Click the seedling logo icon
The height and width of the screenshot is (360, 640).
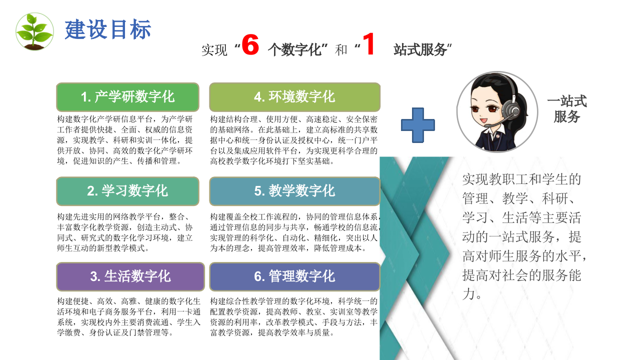pos(34,31)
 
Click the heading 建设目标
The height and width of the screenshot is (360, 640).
pos(108,30)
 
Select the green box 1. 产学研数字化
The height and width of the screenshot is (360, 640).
pos(127,97)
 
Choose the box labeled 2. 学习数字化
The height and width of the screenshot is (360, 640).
pos(127,191)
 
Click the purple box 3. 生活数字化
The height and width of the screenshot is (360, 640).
pos(130,276)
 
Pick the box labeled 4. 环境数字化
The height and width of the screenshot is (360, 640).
pos(294,97)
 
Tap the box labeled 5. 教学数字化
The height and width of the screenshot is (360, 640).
pos(294,191)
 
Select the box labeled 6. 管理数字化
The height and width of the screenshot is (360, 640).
pos(294,276)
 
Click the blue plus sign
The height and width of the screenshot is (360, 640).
pos(418,125)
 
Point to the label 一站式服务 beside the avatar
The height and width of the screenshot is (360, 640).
pos(566,109)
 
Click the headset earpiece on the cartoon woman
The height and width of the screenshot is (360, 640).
pos(509,108)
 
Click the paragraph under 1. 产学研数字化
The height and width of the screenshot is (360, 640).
pos(125,140)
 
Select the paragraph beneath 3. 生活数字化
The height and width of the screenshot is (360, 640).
pos(129,317)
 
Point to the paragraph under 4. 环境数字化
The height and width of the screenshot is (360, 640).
pos(294,140)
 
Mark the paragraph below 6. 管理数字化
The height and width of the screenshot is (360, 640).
pos(294,317)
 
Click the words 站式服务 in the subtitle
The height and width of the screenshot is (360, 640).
pos(420,49)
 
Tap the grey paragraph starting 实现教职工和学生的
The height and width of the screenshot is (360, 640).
pos(522,236)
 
